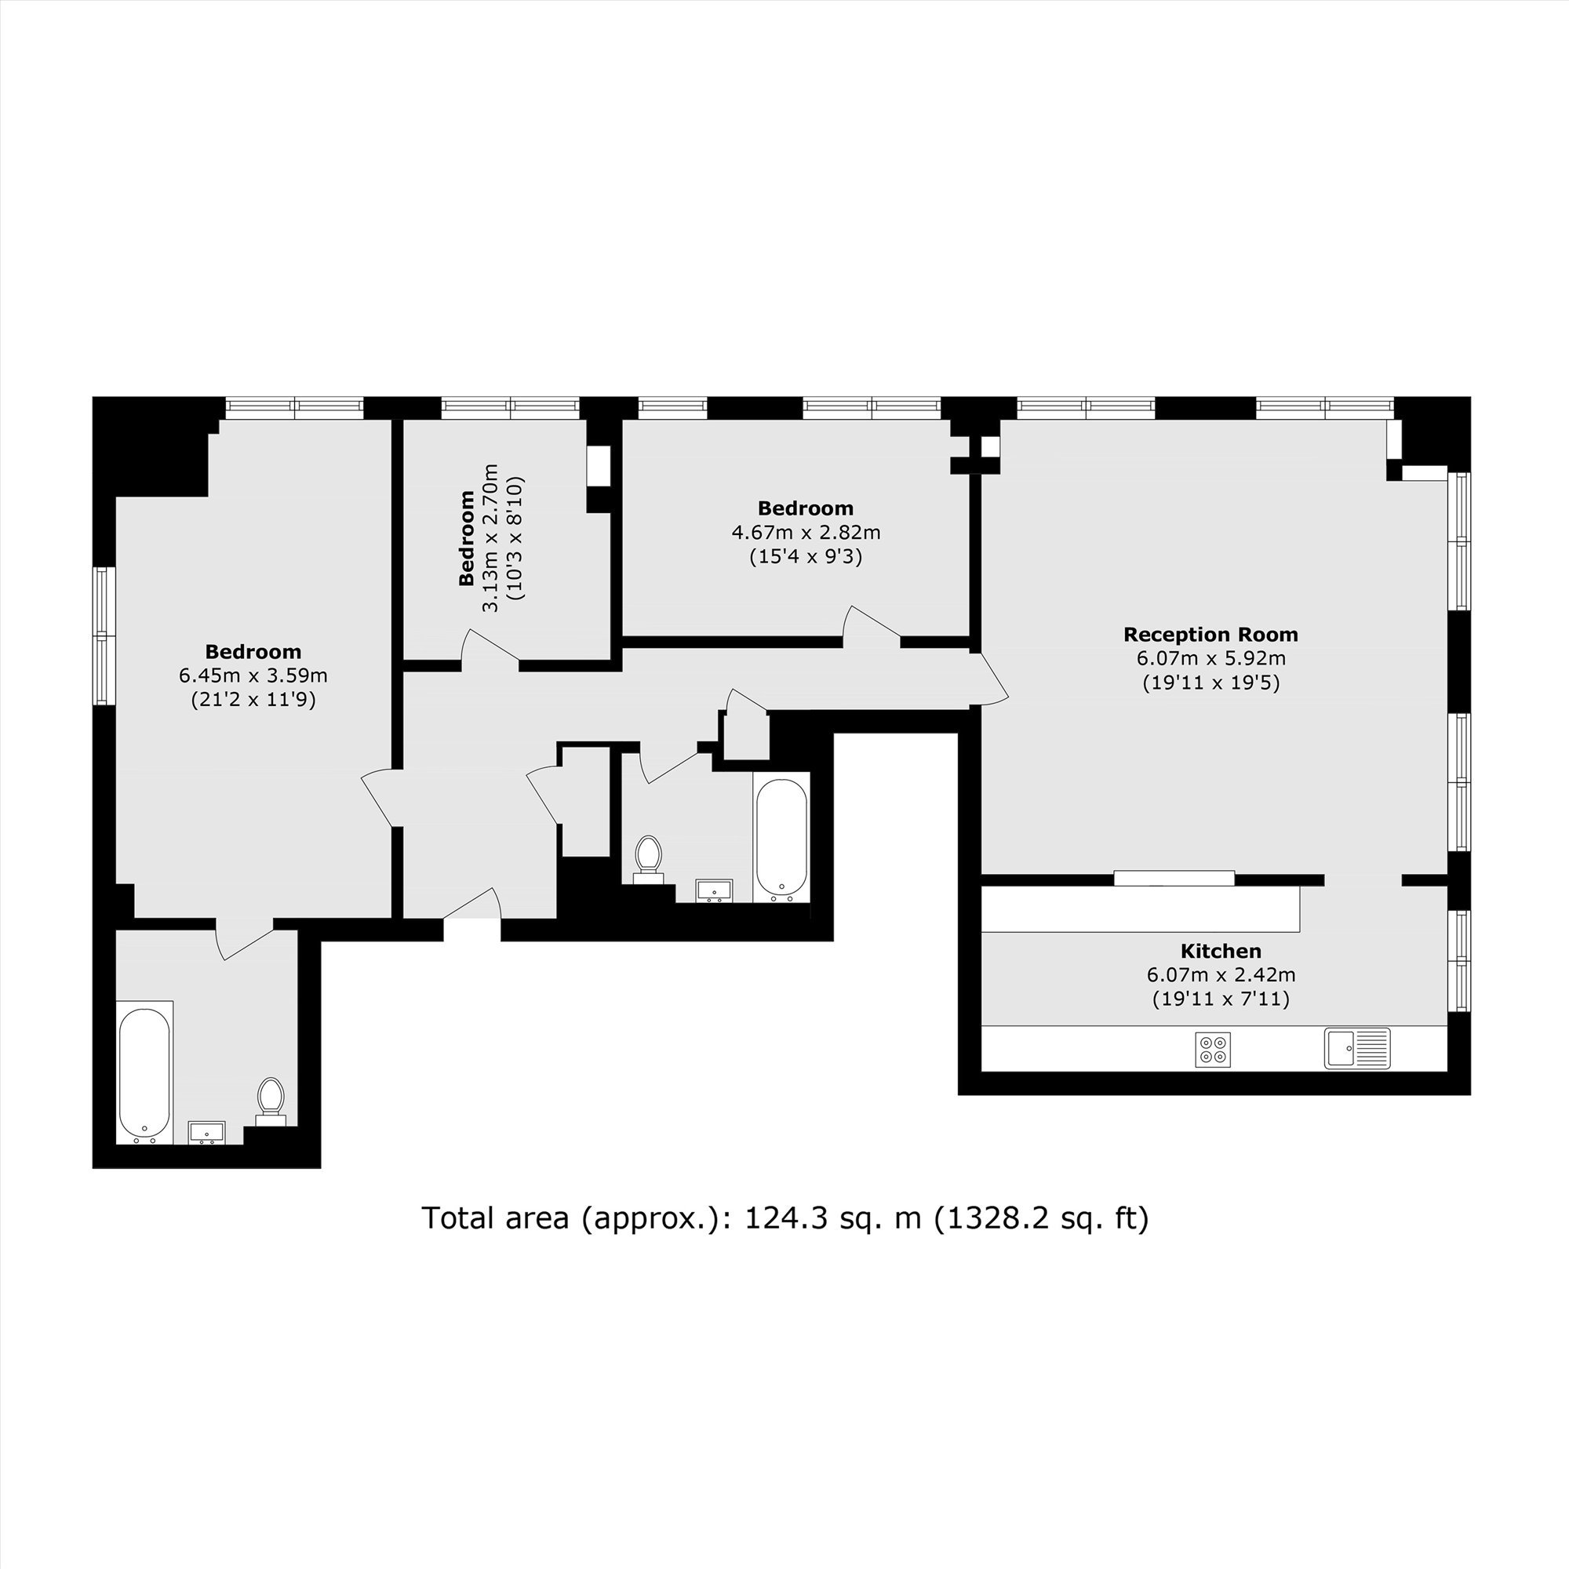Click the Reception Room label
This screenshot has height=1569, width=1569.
(1210, 634)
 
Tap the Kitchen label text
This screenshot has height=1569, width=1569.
(1221, 951)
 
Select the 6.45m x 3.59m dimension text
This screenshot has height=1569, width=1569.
(253, 675)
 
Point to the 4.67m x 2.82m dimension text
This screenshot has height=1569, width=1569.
(806, 533)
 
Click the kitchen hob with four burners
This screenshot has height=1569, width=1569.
(1213, 1048)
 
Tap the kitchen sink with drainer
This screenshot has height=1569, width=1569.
(1357, 1048)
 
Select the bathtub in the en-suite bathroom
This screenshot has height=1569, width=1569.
(144, 1072)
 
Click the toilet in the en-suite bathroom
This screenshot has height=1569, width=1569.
(271, 1102)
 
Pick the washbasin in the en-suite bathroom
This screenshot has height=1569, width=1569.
(207, 1132)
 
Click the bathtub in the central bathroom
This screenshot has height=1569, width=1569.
(781, 837)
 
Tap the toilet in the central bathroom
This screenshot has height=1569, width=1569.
(647, 860)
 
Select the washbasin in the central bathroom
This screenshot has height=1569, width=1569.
(715, 891)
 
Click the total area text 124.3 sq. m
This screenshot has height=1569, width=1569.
(833, 1218)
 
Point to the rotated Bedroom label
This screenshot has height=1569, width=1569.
(467, 537)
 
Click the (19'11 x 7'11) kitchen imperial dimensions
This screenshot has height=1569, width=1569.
(1221, 998)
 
